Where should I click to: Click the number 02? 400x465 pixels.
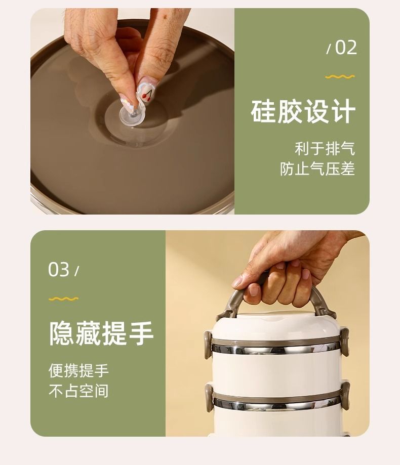click(x=346, y=48)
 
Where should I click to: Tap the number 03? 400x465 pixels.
click(x=59, y=270)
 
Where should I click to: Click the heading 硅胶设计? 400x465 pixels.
click(x=303, y=111)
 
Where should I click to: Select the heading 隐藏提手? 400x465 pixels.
click(x=101, y=333)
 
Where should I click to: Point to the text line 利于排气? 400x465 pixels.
click(x=325, y=149)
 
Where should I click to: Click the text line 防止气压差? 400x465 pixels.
click(x=317, y=168)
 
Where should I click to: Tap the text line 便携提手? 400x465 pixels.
click(x=78, y=370)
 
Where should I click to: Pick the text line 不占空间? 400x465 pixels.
click(x=78, y=391)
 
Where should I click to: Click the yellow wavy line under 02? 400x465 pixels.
click(x=340, y=77)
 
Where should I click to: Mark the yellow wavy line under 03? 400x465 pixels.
click(x=63, y=299)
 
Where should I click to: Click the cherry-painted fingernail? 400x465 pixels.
click(x=147, y=90)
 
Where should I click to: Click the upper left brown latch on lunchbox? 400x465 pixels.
click(x=208, y=344)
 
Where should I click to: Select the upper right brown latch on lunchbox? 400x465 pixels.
click(x=345, y=342)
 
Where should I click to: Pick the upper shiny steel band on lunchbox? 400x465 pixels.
click(x=276, y=349)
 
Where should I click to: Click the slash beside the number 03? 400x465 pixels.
click(x=76, y=271)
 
